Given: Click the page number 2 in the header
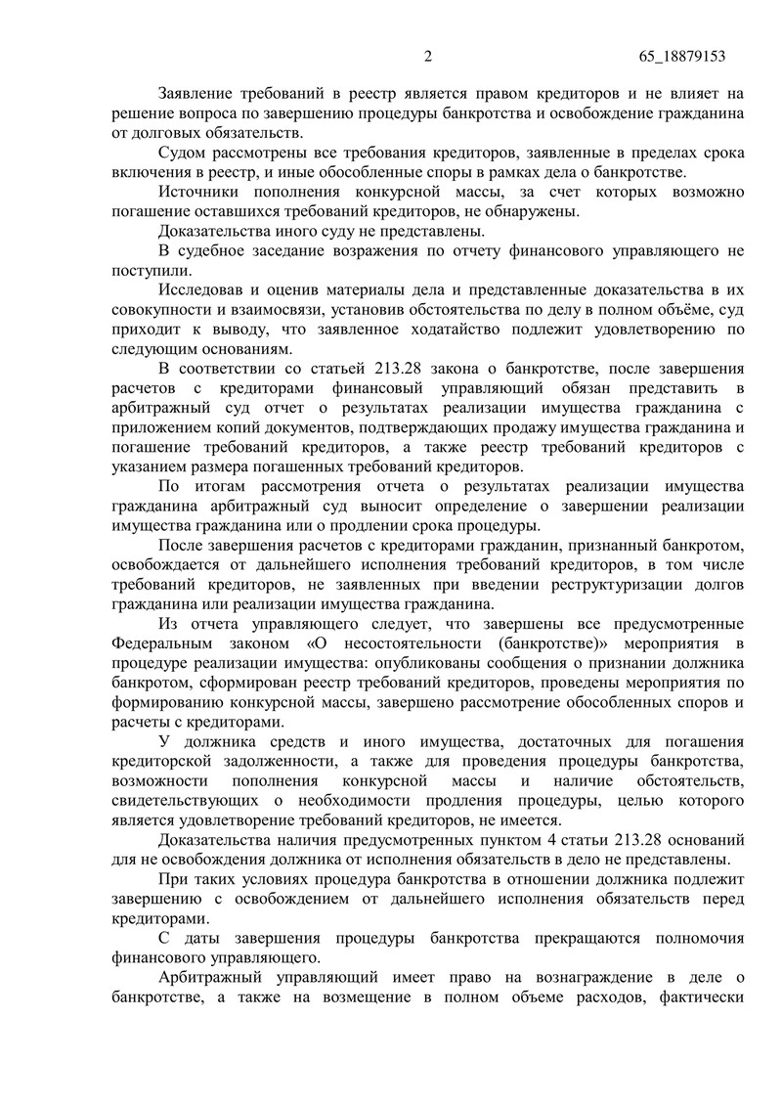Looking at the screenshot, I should tap(428, 58).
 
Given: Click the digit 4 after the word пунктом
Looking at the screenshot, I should tap(526, 838).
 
